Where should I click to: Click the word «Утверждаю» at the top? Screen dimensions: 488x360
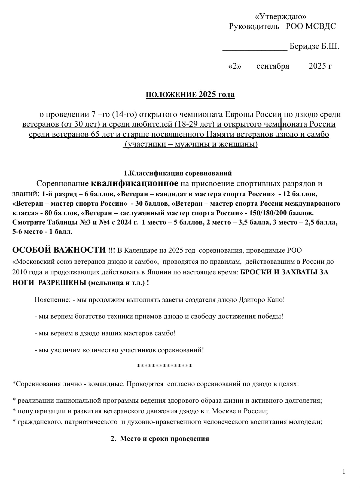[280, 17]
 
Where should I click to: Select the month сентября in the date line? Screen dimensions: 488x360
[273, 66]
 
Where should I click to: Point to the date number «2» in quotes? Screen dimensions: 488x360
[234, 66]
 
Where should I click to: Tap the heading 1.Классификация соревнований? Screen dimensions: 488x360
[178, 173]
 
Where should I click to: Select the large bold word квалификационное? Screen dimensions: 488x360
[135, 183]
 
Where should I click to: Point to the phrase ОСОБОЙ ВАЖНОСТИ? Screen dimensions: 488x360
[59, 250]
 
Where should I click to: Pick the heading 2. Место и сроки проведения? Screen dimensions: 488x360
[160, 439]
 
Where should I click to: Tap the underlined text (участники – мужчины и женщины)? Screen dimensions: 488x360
[190, 144]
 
